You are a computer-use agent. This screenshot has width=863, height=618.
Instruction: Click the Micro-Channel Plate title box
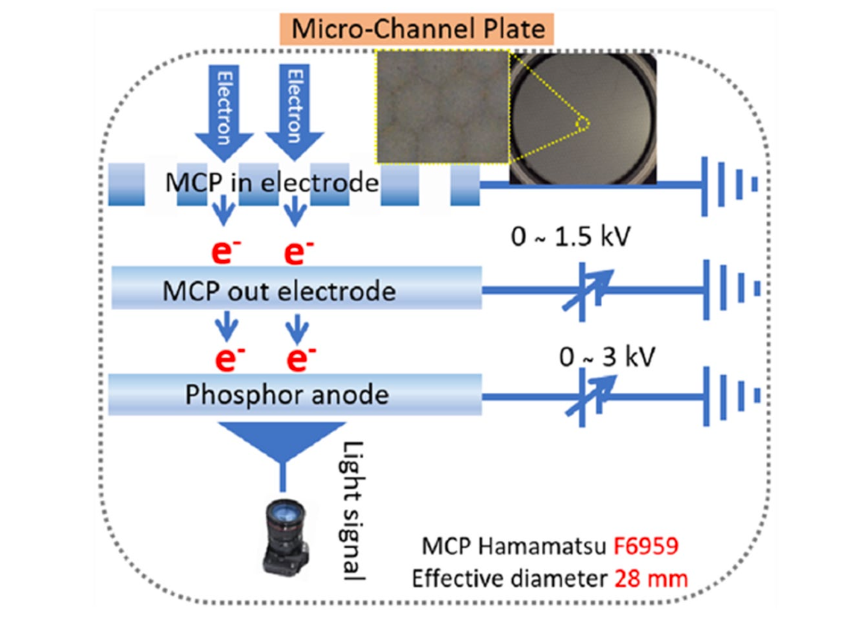(x=417, y=29)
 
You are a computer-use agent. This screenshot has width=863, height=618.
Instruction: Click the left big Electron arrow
(x=224, y=111)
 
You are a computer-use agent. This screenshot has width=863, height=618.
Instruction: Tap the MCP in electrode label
(x=272, y=183)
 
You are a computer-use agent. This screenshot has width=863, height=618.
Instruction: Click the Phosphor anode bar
(x=295, y=395)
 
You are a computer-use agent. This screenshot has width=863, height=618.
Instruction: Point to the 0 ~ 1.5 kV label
(x=570, y=237)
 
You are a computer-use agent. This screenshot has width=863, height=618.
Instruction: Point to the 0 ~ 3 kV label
(x=606, y=357)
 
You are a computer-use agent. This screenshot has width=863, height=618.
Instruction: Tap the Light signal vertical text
(x=353, y=511)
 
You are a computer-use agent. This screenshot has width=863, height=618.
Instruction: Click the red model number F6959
(x=645, y=546)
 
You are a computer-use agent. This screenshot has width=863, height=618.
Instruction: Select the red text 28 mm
(x=651, y=579)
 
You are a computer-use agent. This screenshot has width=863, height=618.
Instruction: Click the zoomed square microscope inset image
(x=442, y=107)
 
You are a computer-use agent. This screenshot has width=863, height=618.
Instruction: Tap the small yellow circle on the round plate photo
(x=582, y=124)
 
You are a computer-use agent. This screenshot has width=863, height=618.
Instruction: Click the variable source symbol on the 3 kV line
(x=590, y=396)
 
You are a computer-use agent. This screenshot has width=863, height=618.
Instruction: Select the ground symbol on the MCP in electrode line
(x=729, y=185)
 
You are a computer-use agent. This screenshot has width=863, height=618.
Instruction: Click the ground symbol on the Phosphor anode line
(x=730, y=396)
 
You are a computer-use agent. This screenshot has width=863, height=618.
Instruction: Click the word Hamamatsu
(x=542, y=546)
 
